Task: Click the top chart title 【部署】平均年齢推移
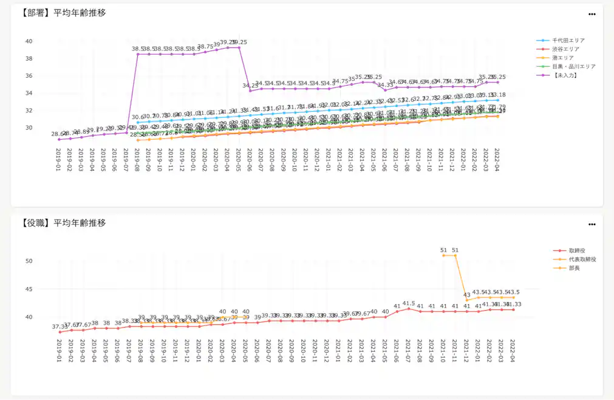point(59,13)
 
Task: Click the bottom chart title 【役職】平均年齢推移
point(59,222)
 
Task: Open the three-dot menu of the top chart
point(592,14)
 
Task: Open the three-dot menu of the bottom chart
point(592,224)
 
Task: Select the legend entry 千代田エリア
point(568,41)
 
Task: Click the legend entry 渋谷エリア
point(565,49)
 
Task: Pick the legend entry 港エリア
point(564,58)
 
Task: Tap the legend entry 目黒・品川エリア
point(573,66)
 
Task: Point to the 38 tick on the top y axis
point(29,58)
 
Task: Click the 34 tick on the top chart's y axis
point(29,93)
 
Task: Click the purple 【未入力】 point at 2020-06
point(250,91)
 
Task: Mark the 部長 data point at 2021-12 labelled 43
point(467,300)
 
